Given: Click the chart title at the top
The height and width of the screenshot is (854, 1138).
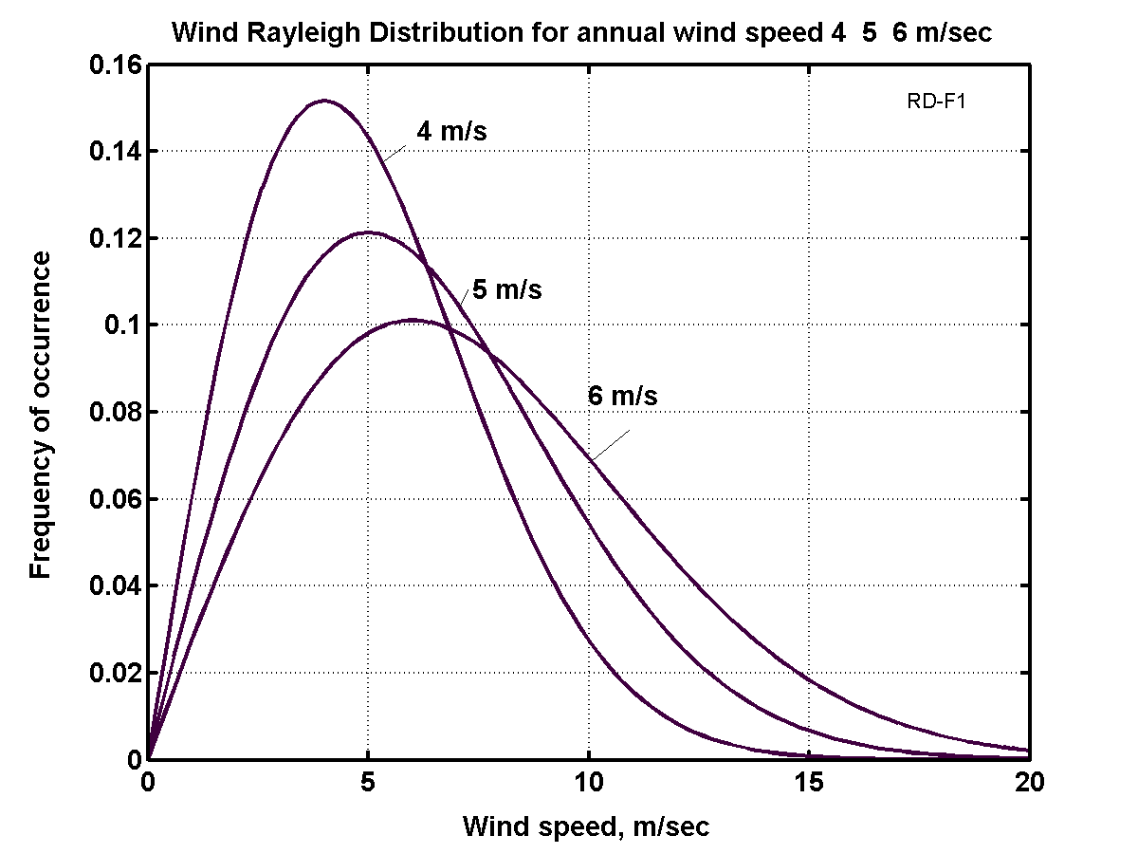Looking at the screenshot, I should pyautogui.click(x=581, y=33).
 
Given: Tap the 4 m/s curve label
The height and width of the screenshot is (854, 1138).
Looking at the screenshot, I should pyautogui.click(x=451, y=132).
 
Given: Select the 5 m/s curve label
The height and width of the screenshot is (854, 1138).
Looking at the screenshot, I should pyautogui.click(x=507, y=289).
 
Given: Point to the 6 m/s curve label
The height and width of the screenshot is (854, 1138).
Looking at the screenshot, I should pyautogui.click(x=622, y=396).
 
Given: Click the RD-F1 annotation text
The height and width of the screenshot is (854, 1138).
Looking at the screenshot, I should pyautogui.click(x=936, y=102).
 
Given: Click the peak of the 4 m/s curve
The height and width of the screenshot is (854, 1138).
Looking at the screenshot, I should pyautogui.click(x=324, y=100).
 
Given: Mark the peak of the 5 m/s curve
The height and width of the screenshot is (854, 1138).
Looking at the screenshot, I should pyautogui.click(x=368, y=232).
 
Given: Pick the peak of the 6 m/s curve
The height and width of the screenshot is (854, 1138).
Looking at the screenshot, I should pyautogui.click(x=413, y=320).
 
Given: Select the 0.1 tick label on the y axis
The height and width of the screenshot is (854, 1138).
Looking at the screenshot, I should pyautogui.click(x=120, y=325).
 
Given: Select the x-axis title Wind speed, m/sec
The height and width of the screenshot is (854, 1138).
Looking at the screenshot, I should pyautogui.click(x=586, y=826).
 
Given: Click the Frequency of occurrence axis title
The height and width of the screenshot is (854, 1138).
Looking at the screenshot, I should pyautogui.click(x=40, y=413).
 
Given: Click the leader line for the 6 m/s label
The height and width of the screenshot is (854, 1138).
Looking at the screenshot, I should pyautogui.click(x=610, y=445).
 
